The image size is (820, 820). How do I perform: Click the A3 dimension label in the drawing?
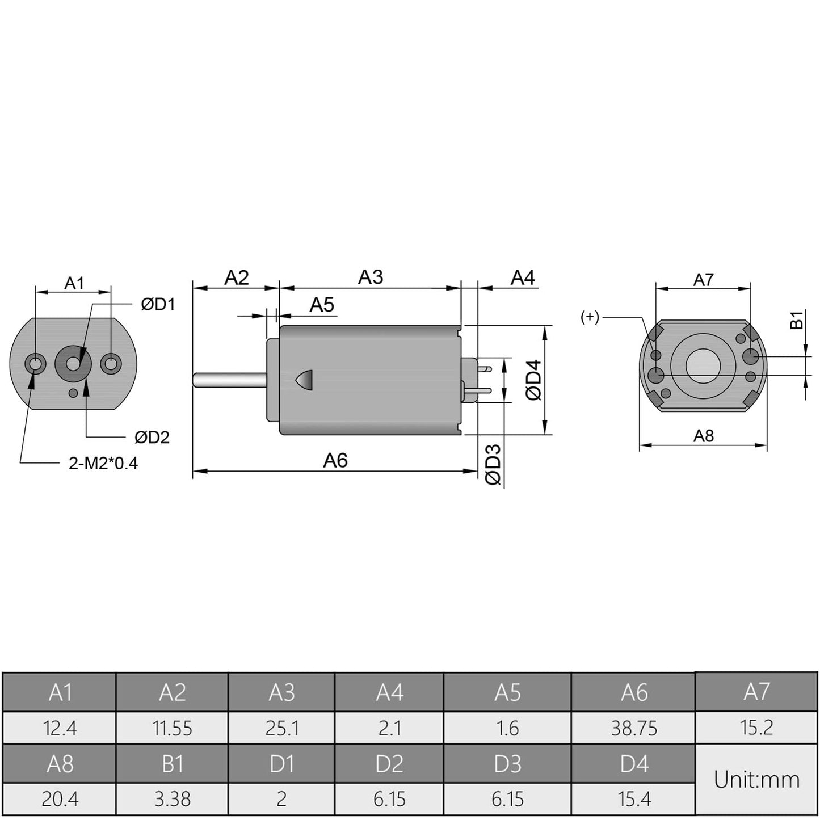pyautogui.click(x=371, y=277)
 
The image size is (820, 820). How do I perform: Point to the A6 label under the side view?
pyautogui.click(x=335, y=460)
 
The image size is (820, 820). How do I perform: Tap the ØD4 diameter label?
pyautogui.click(x=533, y=380)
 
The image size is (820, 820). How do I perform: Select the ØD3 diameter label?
pyautogui.click(x=494, y=464)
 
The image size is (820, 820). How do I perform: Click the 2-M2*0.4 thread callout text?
pyautogui.click(x=103, y=464)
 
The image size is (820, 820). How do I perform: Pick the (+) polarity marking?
pyautogui.click(x=590, y=317)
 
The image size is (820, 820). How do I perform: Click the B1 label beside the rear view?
pyautogui.click(x=797, y=319)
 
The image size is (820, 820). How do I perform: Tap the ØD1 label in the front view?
pyautogui.click(x=158, y=305)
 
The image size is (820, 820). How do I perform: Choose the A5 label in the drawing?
pyautogui.click(x=322, y=305)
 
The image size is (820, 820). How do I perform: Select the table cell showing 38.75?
pyautogui.click(x=634, y=728)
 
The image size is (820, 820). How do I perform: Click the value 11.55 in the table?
pyautogui.click(x=172, y=728)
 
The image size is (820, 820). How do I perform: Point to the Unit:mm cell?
pyautogui.click(x=756, y=780)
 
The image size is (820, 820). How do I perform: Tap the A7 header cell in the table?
pyautogui.click(x=756, y=692)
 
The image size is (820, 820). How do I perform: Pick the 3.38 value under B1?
pyautogui.click(x=172, y=799)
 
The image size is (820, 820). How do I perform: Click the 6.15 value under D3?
pyautogui.click(x=507, y=799)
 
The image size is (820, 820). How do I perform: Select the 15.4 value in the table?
pyautogui.click(x=634, y=799)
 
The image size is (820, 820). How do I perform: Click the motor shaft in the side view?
pyautogui.click(x=230, y=380)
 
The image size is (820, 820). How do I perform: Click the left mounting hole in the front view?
pyautogui.click(x=35, y=363)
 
